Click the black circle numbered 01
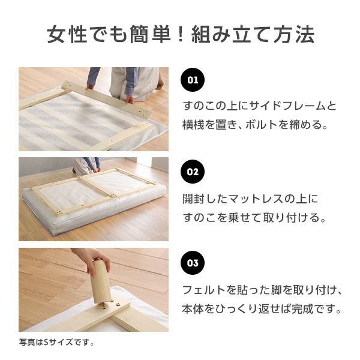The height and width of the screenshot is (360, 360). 193,80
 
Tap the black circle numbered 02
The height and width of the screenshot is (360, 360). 193,172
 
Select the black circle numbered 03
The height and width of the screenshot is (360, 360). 193,263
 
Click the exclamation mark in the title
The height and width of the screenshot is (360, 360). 181,34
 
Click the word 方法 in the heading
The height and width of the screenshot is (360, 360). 293,34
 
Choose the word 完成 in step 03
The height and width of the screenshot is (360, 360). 302,309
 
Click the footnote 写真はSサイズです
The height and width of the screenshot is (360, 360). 56,343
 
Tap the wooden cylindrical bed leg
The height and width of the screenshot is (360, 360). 100,282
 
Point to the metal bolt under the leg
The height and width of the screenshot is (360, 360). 104,305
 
